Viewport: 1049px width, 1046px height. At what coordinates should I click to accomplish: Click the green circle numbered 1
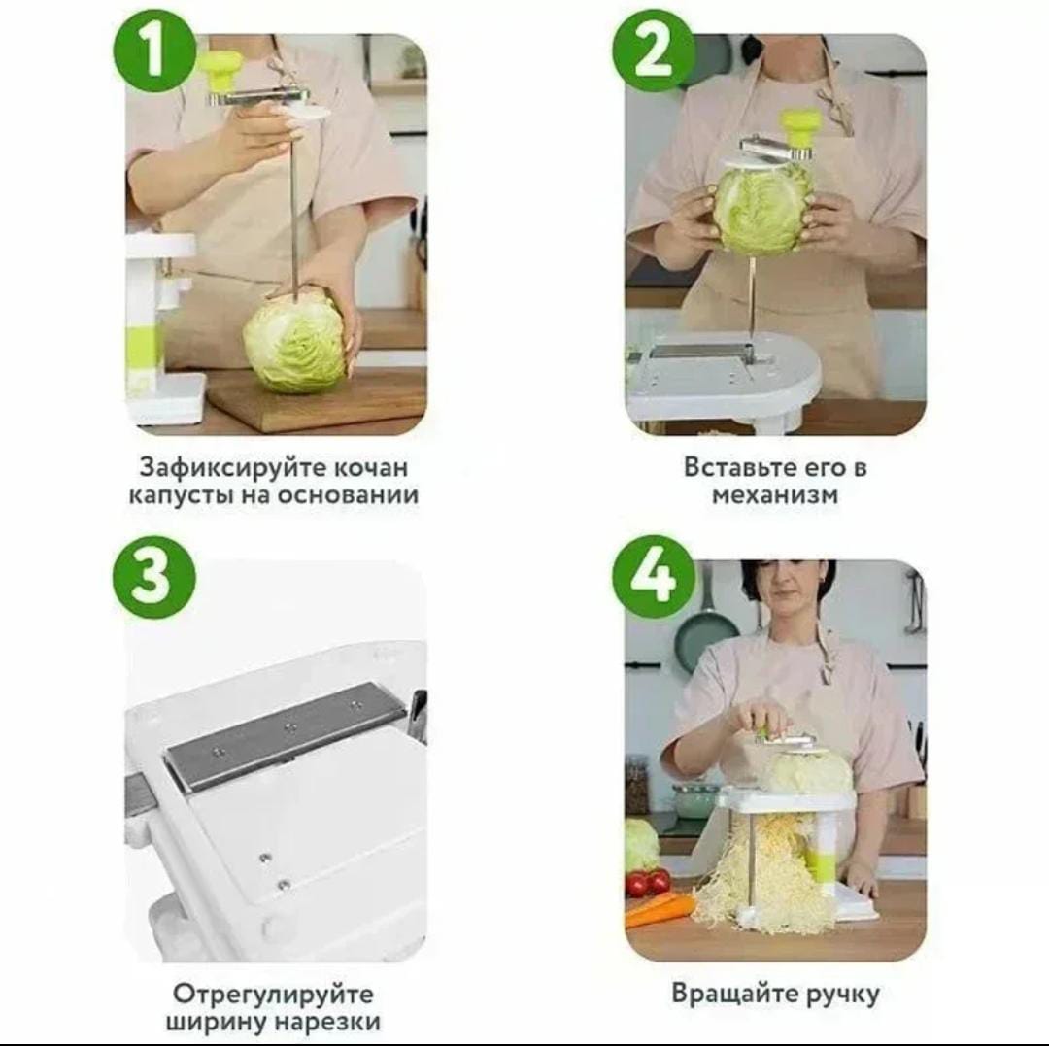(x=155, y=51)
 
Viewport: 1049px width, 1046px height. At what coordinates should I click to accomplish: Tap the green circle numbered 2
(x=653, y=51)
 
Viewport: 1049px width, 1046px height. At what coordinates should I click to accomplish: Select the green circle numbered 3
(x=153, y=575)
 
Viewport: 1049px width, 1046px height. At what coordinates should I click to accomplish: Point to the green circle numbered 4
(x=653, y=575)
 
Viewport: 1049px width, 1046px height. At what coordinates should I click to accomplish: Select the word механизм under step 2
(x=775, y=495)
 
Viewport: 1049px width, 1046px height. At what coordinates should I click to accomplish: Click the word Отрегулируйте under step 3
(x=274, y=994)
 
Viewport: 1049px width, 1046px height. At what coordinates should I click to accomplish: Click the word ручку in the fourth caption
(x=842, y=995)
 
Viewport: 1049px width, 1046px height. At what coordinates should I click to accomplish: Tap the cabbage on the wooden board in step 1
(x=295, y=343)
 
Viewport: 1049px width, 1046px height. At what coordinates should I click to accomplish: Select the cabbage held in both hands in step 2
(x=762, y=209)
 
